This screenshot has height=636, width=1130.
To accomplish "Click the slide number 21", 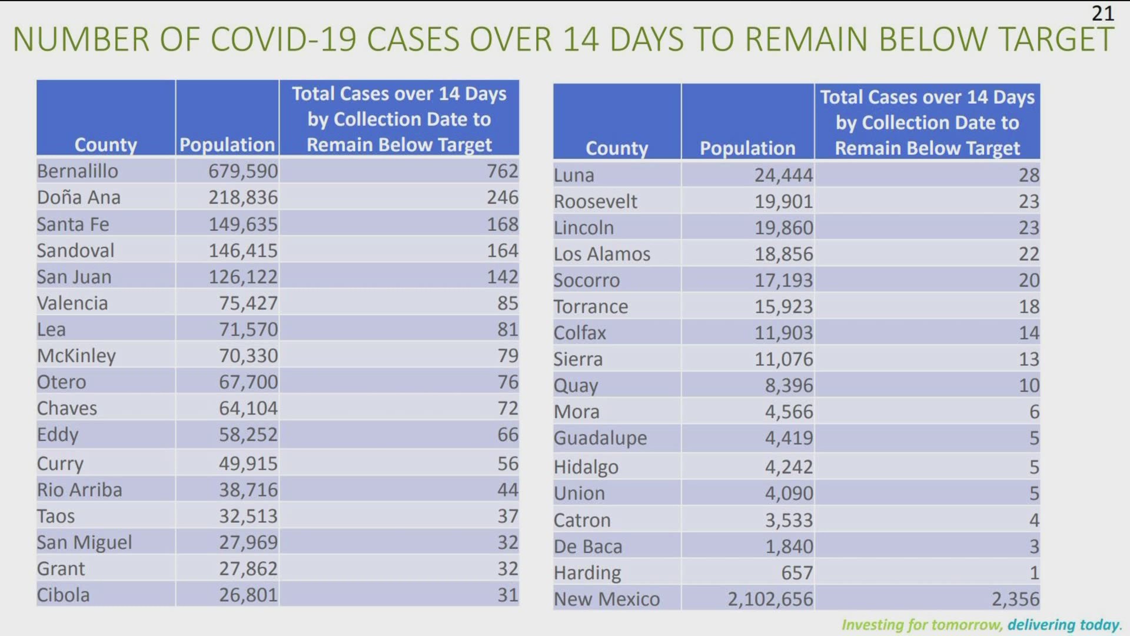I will point(1102,13).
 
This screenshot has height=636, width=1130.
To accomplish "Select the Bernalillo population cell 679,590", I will point(242,171).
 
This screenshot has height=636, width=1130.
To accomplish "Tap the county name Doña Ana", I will point(78,197).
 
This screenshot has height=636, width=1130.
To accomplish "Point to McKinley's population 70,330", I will point(248,356).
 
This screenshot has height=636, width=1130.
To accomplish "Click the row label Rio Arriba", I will point(79,490).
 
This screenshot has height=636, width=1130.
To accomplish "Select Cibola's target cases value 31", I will point(507,595).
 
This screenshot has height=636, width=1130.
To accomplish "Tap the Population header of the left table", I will point(227,145).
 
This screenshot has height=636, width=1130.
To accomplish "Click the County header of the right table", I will point(616,148).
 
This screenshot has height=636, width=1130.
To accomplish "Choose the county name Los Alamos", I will point(601,254).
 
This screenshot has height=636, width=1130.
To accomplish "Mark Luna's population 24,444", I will point(783,175).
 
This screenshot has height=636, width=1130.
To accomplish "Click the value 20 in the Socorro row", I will point(1029,280).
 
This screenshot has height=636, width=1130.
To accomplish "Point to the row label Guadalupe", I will point(600,438).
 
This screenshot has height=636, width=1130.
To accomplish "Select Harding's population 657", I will point(796,572).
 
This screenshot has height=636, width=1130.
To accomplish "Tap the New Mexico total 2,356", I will point(1015,599).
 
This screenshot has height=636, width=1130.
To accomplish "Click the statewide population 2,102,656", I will point(770,599).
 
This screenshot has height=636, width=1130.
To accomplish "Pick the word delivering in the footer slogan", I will point(1041,624).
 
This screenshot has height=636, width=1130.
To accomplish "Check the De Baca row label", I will point(587,546).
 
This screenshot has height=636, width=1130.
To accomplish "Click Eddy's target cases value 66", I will point(507,435).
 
